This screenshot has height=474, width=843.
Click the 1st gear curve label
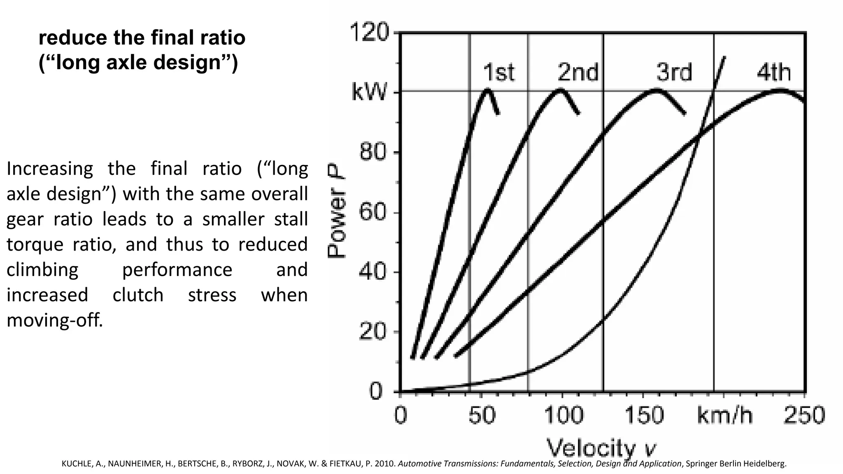point(498,72)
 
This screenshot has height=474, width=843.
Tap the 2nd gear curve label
point(578,72)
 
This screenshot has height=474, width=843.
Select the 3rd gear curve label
point(674,72)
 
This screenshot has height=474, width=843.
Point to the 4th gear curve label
point(773,72)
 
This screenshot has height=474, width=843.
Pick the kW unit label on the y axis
point(369,93)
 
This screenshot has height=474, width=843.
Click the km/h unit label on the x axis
point(724,415)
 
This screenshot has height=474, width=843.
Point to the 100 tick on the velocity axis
point(564,415)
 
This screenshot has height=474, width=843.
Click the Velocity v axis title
point(601,448)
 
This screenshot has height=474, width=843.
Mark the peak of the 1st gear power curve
point(488,89)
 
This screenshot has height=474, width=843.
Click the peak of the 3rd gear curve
point(656,89)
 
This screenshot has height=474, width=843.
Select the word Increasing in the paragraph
point(50,169)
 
